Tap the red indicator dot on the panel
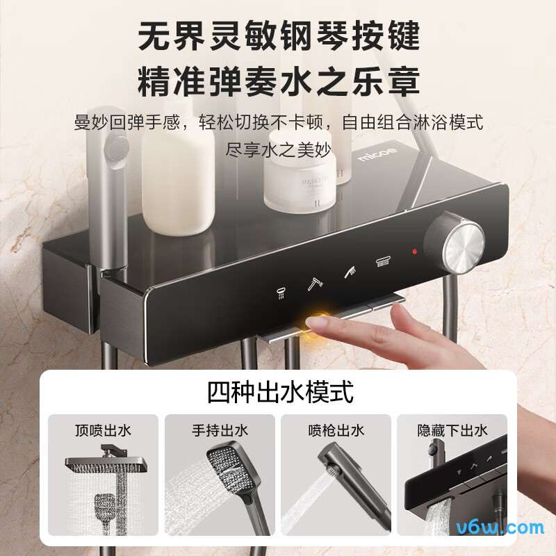(414, 251)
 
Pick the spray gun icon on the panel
(349, 272)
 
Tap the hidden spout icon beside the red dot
(382, 262)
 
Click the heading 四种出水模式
(279, 393)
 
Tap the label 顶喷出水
(102, 430)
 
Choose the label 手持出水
(220, 430)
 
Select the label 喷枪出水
(336, 430)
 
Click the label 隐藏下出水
(452, 430)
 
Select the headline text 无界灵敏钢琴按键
(278, 36)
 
